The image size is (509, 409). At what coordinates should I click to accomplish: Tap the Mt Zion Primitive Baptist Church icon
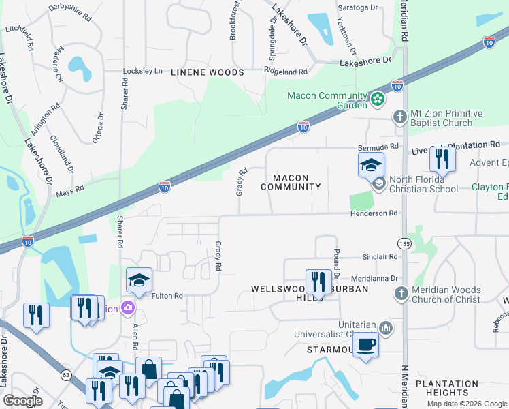401,118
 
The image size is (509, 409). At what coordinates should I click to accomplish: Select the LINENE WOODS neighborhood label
207,72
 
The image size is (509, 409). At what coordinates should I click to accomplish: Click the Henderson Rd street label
373,213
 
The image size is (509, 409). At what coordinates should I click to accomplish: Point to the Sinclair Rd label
380,257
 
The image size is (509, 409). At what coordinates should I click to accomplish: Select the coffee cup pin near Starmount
366,345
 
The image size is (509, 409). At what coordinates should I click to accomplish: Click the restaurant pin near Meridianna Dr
318,282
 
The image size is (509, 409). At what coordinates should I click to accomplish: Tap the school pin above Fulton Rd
139,281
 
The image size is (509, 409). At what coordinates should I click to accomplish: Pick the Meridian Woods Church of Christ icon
401,294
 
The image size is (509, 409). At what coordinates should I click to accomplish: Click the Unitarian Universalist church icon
386,329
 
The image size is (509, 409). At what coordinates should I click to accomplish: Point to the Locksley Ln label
143,71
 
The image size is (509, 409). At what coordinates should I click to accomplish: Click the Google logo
22,401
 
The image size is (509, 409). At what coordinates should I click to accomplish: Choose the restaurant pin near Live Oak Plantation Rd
442,160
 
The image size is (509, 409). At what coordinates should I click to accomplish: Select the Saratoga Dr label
359,7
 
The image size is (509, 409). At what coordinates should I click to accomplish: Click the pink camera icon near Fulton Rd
127,308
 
